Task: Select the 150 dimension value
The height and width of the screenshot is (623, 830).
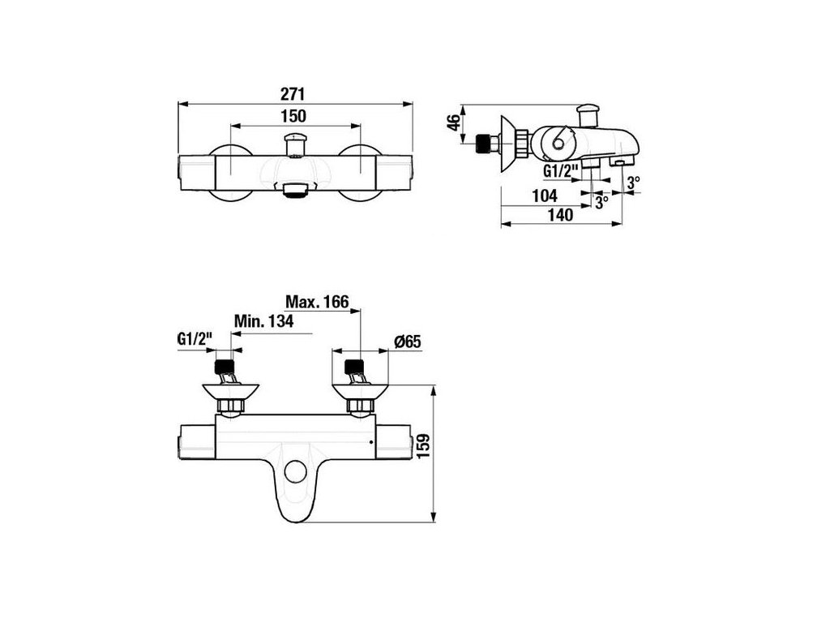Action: (294, 116)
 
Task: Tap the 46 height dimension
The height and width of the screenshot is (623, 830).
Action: (455, 122)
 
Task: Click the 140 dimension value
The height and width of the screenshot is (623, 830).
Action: (560, 215)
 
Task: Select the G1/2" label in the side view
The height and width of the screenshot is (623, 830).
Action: (559, 171)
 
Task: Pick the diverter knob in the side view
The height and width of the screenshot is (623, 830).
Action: (587, 112)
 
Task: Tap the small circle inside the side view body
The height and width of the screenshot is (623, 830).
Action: (557, 144)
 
